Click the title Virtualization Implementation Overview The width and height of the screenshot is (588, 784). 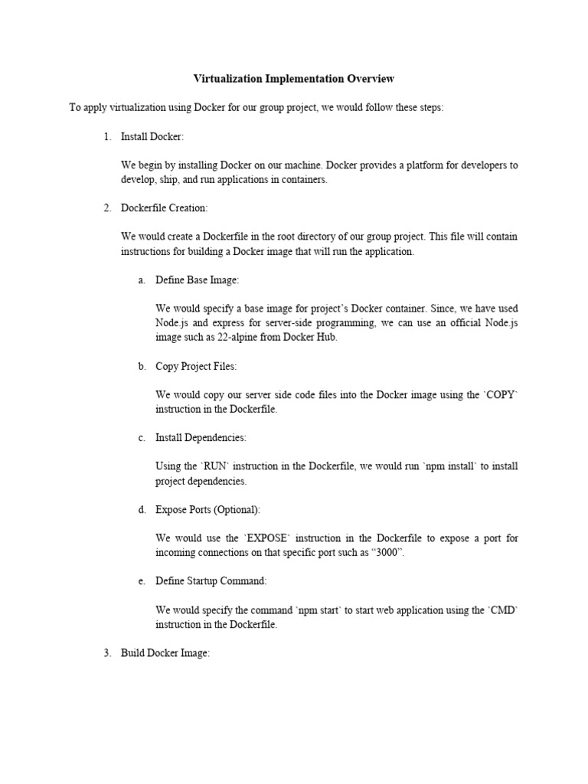(x=293, y=78)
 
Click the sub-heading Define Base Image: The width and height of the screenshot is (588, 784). (x=197, y=279)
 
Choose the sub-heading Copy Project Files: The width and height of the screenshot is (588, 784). (x=196, y=366)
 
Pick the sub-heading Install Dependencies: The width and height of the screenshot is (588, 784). (x=201, y=438)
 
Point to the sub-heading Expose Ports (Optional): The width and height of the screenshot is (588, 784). (x=207, y=509)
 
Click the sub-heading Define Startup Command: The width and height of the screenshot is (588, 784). (x=211, y=581)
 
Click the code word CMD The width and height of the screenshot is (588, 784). (x=500, y=610)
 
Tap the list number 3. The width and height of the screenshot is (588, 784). (x=107, y=653)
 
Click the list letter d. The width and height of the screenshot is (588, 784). (x=142, y=509)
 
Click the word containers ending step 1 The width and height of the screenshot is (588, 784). (x=305, y=179)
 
